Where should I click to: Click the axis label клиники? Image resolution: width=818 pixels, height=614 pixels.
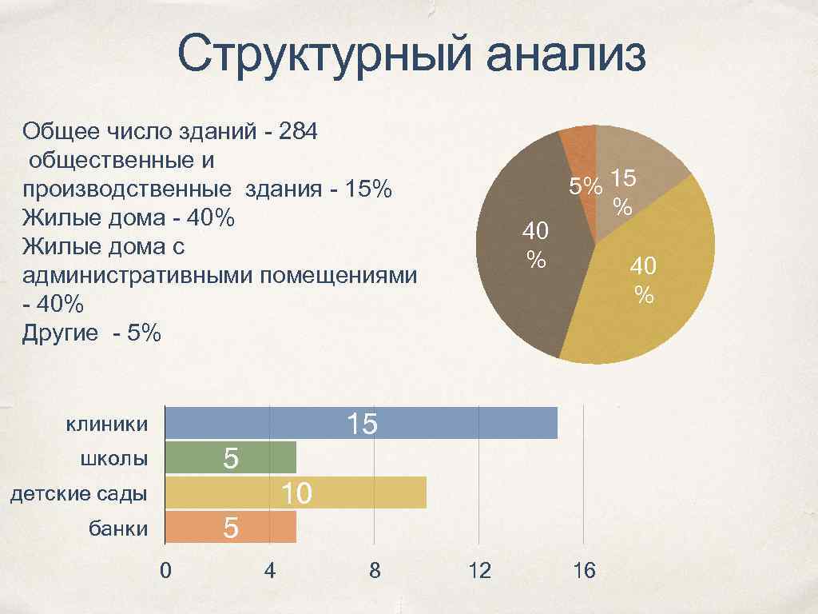point(107,424)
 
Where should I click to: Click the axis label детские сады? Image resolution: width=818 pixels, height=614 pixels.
point(78,493)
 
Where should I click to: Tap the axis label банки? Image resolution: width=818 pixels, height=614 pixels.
point(118,528)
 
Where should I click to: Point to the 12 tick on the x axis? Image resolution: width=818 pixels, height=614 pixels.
point(479,570)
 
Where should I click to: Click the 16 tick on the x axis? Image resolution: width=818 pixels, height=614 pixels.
point(584,570)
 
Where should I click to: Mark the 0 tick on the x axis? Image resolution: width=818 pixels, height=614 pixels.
point(165,570)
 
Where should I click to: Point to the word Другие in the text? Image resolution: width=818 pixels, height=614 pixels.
point(62,333)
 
